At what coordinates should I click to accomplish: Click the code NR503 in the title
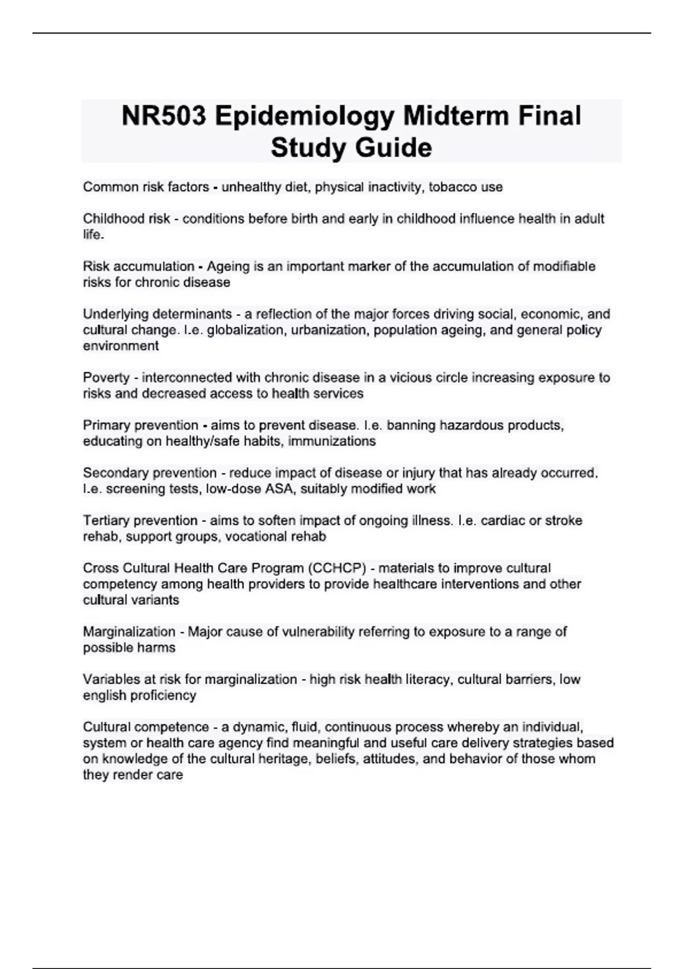[x=164, y=116]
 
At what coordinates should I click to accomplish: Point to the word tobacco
[x=452, y=187]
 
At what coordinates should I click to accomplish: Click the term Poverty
[x=106, y=378]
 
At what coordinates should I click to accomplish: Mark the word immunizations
[x=332, y=441]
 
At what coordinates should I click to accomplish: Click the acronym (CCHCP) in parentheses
[x=336, y=568]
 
